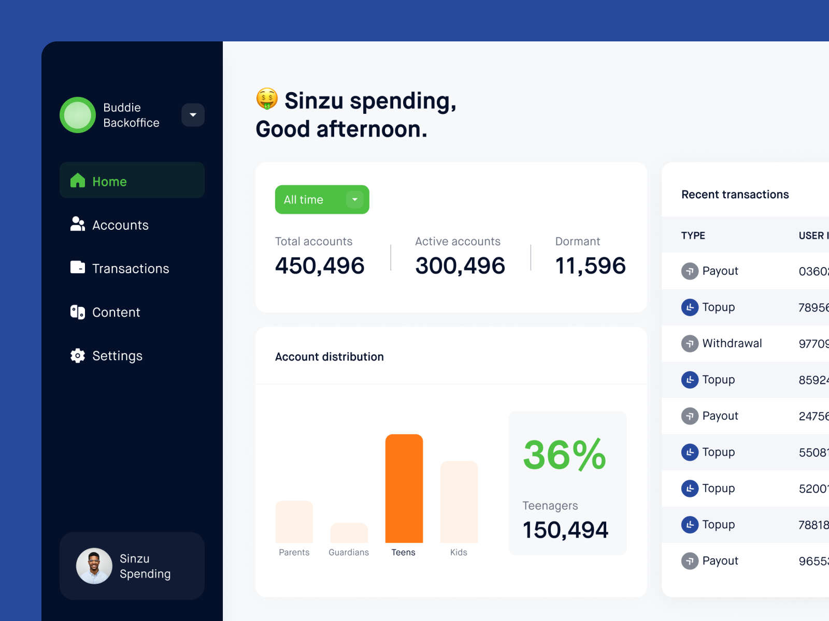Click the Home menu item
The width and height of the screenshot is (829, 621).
(132, 181)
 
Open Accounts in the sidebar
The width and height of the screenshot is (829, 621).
(120, 225)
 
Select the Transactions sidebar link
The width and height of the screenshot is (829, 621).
(130, 269)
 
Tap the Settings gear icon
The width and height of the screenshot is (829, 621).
(78, 356)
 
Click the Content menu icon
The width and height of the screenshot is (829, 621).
(78, 312)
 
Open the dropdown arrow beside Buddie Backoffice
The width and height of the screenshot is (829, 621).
(193, 115)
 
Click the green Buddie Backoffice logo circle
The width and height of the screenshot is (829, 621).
(78, 115)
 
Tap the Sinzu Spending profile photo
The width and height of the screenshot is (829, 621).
(94, 566)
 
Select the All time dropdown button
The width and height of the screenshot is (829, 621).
(322, 199)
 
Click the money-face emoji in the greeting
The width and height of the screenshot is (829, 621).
(267, 99)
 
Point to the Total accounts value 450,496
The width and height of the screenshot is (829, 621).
(320, 265)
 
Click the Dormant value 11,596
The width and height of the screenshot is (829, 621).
(590, 265)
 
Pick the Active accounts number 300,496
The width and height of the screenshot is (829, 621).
(460, 265)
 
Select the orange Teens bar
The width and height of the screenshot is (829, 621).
(404, 489)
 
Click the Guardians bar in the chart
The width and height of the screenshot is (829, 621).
(349, 533)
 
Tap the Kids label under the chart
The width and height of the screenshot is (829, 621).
(459, 552)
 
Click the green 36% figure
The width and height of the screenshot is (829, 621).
(564, 454)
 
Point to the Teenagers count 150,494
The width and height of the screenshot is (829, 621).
(565, 529)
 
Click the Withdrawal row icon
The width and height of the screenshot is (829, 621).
(690, 344)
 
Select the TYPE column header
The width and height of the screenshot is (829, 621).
(693, 235)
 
